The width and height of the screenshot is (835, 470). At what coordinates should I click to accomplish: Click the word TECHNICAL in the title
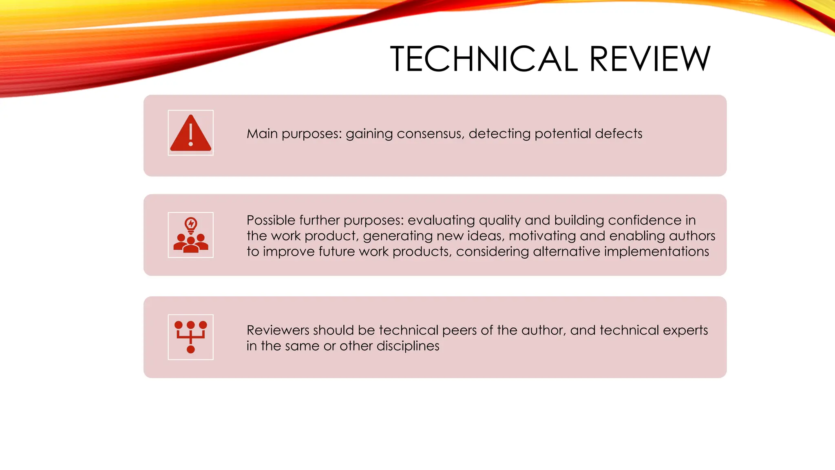pyautogui.click(x=484, y=59)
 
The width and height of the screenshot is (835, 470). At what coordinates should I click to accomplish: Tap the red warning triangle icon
pyautogui.click(x=190, y=133)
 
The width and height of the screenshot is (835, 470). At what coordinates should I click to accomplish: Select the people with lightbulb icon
pyautogui.click(x=190, y=235)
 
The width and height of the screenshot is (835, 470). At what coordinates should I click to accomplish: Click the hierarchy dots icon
pyautogui.click(x=190, y=337)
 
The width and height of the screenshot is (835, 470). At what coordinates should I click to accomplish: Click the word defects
pyautogui.click(x=619, y=134)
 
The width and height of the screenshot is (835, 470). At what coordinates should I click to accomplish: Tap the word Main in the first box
pyautogui.click(x=262, y=134)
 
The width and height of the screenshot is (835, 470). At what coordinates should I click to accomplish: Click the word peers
pyautogui.click(x=459, y=330)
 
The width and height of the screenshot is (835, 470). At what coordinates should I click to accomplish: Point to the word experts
pyautogui.click(x=685, y=330)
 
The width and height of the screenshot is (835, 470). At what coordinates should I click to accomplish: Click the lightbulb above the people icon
pyautogui.click(x=191, y=224)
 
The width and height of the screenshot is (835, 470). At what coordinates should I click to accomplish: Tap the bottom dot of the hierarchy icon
pyautogui.click(x=190, y=349)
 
